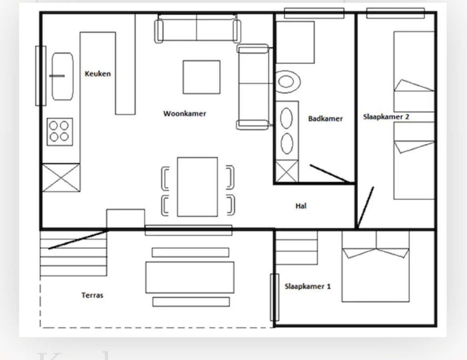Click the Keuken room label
click(98, 74)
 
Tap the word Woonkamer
click(185, 113)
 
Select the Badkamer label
click(325, 119)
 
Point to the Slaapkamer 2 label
click(386, 117)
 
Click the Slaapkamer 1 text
click(308, 286)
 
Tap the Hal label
click(301, 206)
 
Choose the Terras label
click(92, 295)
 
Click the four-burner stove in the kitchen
click(59, 132)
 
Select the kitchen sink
click(62, 76)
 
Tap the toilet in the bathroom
click(287, 82)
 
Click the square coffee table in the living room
click(202, 77)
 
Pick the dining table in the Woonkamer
click(198, 187)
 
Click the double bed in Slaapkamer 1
click(376, 266)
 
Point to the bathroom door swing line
click(330, 173)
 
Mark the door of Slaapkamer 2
click(366, 207)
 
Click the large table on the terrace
click(190, 277)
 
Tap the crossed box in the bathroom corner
click(287, 171)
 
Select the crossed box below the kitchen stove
click(61, 177)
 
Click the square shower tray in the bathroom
click(295, 42)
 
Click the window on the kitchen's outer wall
click(41, 76)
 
